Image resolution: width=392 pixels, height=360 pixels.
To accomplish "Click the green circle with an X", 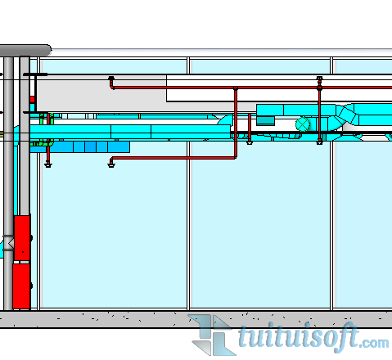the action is coord(303,124).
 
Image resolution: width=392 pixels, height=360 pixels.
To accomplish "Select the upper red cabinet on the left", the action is coord(22,238).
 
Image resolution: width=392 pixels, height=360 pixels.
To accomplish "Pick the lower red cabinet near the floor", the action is coord(21,286).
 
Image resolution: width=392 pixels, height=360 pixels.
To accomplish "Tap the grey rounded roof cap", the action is coord(25,51).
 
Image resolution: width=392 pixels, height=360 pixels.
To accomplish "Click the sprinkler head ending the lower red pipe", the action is coord(111,164).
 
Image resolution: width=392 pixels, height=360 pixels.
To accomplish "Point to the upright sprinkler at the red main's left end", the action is coord(111,79).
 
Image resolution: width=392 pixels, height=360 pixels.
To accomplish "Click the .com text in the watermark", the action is coord(374,344).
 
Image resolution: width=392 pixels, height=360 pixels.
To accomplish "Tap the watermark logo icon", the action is coord(212,335).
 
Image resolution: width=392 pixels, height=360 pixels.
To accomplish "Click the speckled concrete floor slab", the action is coord(196,319).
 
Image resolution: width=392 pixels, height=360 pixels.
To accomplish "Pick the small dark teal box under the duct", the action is coord(265,120).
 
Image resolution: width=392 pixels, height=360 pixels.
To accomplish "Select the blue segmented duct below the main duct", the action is coord(79,146).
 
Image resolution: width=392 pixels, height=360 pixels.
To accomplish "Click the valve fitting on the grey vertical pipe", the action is coord(8,243).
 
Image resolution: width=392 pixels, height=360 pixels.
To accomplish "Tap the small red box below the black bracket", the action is coord(33,99).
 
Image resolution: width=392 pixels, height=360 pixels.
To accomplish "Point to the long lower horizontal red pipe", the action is coord(173,158).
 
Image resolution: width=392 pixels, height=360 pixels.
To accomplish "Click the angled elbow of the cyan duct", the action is coord(346,115).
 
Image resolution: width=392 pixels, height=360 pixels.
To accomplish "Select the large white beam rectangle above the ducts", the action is coord(279,88).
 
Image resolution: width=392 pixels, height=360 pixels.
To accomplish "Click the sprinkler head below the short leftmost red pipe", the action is coord(48,164).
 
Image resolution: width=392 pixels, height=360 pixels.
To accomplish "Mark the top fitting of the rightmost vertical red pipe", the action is coord(319,79).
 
